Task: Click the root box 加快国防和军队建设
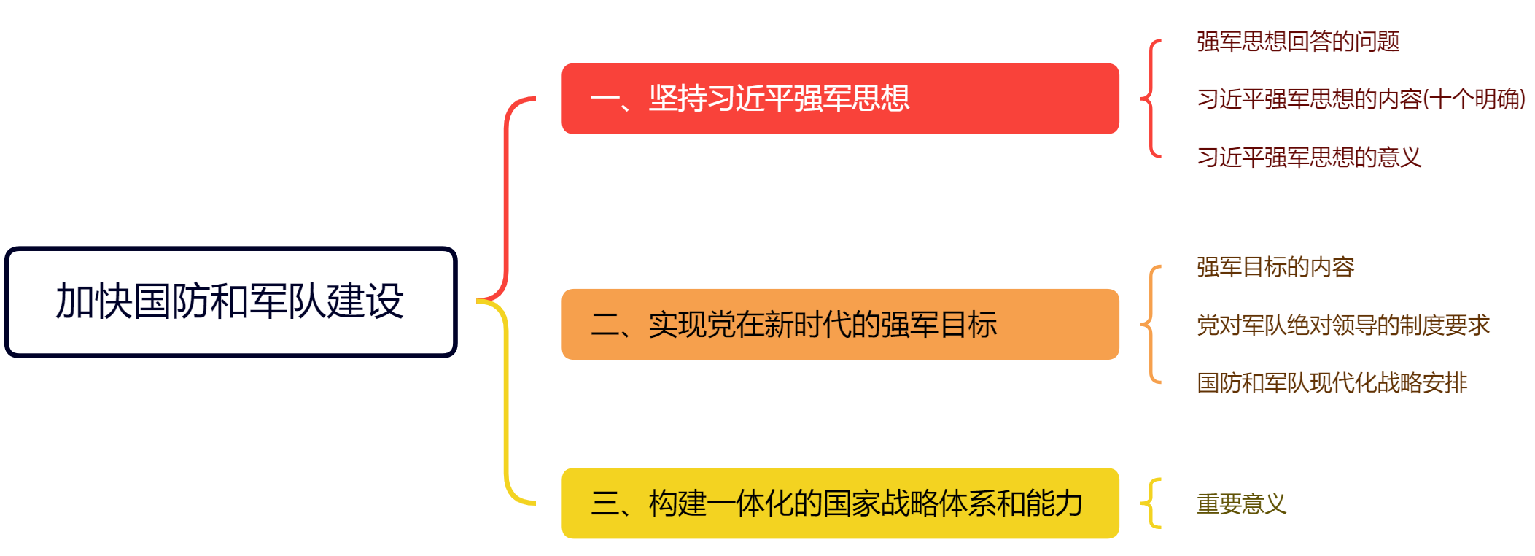230,301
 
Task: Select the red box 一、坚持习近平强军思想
839,99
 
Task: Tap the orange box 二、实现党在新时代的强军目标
839,324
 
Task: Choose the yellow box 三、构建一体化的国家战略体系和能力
839,503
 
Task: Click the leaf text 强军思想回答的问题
1298,42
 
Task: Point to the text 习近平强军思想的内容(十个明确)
1361,99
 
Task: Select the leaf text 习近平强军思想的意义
1309,157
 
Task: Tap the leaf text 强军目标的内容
1275,267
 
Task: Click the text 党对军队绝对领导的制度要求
1342,325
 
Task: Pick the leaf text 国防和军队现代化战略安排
1332,382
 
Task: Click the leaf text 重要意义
1241,503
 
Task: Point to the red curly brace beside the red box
1150,99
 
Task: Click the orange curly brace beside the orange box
1150,324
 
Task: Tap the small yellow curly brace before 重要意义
1151,503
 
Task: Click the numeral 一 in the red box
605,99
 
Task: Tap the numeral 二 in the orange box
605,325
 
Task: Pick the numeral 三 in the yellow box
605,503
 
